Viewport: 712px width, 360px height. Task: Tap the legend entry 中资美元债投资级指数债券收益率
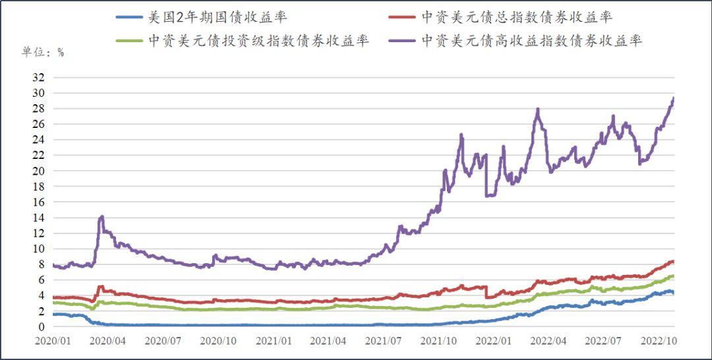258,40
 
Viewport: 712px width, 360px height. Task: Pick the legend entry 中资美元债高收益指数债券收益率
531,40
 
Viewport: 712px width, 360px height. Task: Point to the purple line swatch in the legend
401,40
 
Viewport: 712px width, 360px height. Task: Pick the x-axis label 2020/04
107,342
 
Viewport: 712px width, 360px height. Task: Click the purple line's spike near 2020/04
102,216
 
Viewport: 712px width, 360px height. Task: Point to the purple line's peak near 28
538,109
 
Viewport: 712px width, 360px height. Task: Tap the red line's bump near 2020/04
101,287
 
